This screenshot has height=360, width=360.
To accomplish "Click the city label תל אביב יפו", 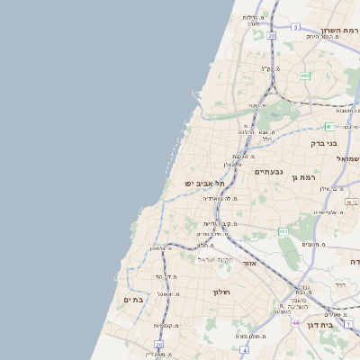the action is (x=205, y=183).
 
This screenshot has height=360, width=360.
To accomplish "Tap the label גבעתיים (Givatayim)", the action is (x=268, y=171).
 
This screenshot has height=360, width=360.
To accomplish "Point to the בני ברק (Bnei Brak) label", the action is (x=324, y=142).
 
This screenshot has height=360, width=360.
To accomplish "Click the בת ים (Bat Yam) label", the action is (x=133, y=299).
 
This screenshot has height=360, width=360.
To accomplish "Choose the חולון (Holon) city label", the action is (x=222, y=292).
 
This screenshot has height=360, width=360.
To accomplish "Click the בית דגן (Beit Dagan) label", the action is (x=319, y=325).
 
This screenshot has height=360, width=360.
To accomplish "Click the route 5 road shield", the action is (x=294, y=27).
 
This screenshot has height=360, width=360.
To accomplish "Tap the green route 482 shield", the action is (x=305, y=76).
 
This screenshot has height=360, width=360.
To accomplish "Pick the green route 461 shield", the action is (x=283, y=231).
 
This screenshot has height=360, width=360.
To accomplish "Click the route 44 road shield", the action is (x=295, y=322).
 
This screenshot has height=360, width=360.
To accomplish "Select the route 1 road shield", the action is (x=348, y=322).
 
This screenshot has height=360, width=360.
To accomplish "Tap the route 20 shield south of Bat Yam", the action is (x=158, y=344).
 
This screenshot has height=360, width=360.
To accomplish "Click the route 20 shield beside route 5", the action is (x=271, y=36).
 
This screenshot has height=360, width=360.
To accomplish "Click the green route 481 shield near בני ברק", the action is (x=329, y=126).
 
